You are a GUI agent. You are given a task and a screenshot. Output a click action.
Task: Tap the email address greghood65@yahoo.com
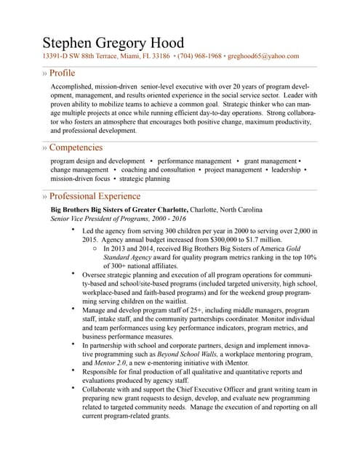point(264,56)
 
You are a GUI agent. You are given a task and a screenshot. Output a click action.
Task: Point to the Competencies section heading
point(76,147)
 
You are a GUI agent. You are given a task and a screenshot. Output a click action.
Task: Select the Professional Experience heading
point(95,196)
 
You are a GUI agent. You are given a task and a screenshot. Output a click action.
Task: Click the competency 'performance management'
point(194,160)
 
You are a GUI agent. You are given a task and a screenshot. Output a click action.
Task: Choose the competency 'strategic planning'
point(144,178)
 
